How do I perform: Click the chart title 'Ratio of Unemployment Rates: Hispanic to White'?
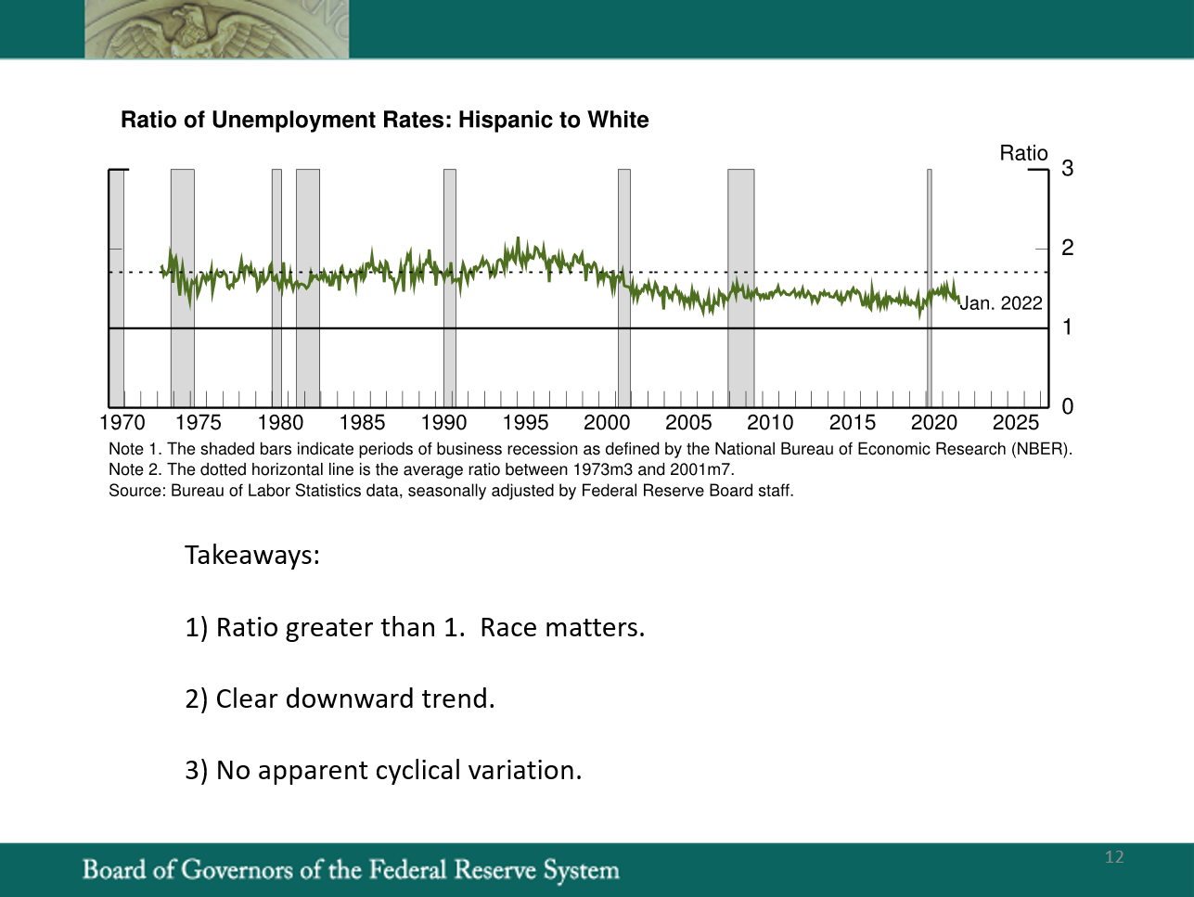coord(385,121)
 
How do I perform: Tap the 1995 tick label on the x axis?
coord(525,422)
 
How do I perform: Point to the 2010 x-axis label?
coord(770,422)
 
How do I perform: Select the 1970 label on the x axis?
coord(122,422)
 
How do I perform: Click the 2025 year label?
coord(1016,422)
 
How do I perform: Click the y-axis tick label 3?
coord(1067,169)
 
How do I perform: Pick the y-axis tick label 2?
coord(1067,248)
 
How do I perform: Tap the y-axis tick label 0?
coord(1067,406)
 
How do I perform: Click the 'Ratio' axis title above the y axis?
coord(1023,153)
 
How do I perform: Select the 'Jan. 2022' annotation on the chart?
coord(1001,303)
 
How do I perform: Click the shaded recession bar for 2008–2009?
coord(741,288)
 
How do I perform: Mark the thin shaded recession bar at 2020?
coord(929,288)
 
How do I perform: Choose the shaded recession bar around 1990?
coord(450,288)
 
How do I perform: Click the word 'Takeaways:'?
coord(252,556)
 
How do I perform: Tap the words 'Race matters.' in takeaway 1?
coord(562,627)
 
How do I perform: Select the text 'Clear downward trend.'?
coord(355,698)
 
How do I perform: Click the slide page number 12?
coord(1114,857)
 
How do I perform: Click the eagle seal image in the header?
coord(216,29)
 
